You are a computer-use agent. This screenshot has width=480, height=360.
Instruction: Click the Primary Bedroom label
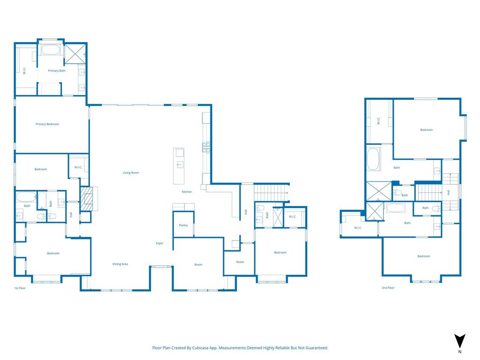(47, 124)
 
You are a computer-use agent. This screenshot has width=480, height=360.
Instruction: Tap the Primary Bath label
(57, 71)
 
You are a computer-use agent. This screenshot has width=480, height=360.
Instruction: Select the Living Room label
(131, 173)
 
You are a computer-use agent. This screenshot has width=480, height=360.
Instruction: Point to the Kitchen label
(187, 192)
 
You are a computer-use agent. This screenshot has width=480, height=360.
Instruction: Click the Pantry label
(183, 225)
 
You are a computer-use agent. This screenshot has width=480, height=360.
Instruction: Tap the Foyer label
(159, 243)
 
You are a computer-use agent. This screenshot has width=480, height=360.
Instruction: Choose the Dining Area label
(120, 264)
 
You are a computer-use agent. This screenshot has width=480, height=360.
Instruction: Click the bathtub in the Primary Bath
(50, 50)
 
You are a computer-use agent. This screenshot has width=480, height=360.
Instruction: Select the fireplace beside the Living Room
(86, 199)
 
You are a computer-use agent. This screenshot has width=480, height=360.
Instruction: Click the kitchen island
(179, 166)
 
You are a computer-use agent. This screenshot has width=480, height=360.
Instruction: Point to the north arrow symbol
(460, 341)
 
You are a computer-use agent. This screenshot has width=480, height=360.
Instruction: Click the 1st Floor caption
(20, 288)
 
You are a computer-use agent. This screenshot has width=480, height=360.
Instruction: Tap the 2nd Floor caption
(388, 288)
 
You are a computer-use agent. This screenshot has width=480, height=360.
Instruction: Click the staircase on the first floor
(270, 192)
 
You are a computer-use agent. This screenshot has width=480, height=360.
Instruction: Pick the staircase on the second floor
(429, 192)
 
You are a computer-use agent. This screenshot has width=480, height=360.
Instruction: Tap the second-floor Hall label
(449, 192)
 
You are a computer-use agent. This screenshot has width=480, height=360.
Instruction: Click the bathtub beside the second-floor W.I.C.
(373, 159)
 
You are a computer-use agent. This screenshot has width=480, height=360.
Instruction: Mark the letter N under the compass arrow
(460, 352)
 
